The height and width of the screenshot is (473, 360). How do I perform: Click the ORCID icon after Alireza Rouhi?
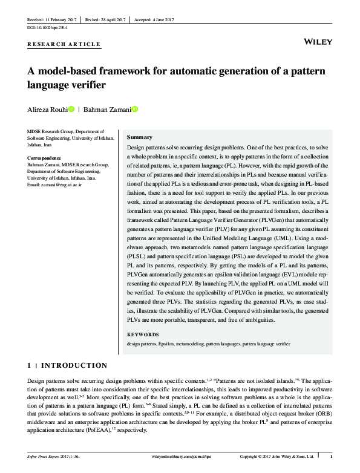tap(72, 109)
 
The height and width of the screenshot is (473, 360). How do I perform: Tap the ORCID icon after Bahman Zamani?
tap(135, 109)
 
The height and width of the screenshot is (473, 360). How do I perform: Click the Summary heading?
tap(139, 137)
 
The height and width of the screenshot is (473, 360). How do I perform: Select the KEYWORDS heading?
tap(143, 334)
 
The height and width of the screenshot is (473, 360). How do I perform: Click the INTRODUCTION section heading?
tap(73, 365)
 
